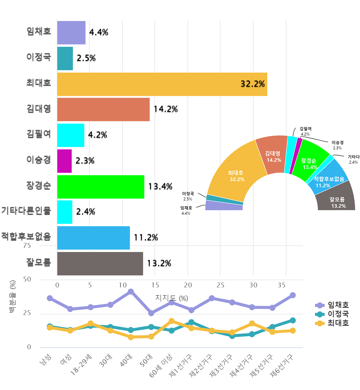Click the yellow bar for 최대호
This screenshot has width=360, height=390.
[162, 84]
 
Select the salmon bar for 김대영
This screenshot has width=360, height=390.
[103, 109]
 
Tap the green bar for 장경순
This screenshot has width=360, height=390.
[101, 187]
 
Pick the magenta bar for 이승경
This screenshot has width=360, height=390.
[64, 161]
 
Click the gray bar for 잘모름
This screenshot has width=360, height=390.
[100, 264]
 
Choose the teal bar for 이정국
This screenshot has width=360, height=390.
[65, 58]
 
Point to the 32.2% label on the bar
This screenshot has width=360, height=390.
[253, 84]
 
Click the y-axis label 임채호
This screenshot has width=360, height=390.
[39, 31]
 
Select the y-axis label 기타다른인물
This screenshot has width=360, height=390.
[26, 210]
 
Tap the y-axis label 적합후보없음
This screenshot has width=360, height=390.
[26, 236]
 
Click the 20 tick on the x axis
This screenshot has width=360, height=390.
[188, 285]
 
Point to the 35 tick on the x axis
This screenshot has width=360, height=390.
[282, 285]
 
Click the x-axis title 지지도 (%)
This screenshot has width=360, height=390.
[172, 298]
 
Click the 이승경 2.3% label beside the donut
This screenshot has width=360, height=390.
[337, 145]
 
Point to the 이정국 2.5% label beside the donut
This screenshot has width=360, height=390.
[188, 196]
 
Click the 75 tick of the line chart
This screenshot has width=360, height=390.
[27, 246]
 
